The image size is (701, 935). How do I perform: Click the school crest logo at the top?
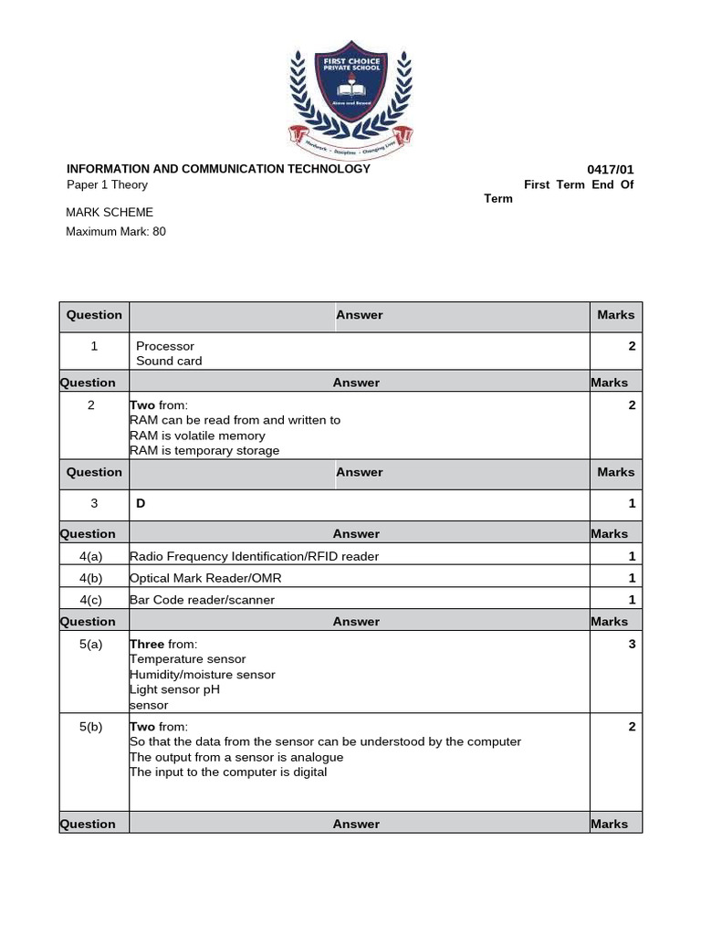tap(351, 101)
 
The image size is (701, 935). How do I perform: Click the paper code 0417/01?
tap(611, 170)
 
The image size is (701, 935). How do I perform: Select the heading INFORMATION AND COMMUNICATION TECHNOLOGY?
tap(218, 169)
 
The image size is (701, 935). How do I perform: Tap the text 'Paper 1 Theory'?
tap(107, 184)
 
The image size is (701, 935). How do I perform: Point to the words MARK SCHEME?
tap(110, 213)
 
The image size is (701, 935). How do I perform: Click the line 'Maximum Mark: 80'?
tap(116, 232)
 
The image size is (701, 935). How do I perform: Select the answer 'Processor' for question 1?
tap(165, 346)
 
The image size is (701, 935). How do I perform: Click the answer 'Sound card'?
tap(169, 361)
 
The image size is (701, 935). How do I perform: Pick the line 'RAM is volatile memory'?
tap(197, 436)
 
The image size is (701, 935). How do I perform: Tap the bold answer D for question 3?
tap(141, 503)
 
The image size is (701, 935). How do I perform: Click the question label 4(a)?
tap(91, 556)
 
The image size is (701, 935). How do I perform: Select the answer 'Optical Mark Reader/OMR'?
tap(202, 578)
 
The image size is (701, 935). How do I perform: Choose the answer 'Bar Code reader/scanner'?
tap(202, 600)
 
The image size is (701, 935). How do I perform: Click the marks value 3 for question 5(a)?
tap(632, 644)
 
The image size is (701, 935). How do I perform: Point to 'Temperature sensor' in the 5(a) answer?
tap(187, 659)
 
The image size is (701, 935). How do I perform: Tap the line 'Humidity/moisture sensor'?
tap(202, 675)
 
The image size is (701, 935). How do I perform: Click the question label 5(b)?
tap(91, 727)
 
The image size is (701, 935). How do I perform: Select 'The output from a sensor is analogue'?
tap(236, 757)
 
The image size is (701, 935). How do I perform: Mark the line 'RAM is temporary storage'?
tap(204, 450)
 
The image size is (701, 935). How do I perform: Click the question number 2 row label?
tap(91, 405)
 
